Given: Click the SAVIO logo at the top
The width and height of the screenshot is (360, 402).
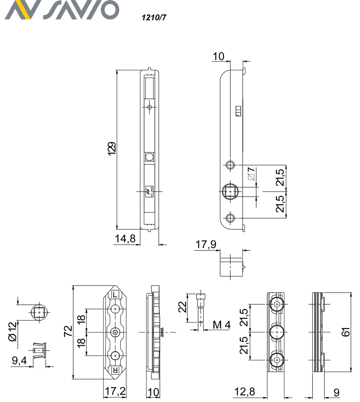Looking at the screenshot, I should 62,10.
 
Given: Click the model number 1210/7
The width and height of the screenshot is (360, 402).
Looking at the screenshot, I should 151,18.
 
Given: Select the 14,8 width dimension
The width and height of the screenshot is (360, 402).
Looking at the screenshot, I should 125,238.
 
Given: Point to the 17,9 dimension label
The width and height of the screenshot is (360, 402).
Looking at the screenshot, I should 206,244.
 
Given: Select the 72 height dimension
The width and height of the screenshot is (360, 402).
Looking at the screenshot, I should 68,331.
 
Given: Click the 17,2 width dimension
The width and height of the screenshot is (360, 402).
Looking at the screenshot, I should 115,392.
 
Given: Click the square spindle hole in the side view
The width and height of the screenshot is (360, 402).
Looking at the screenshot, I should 230,192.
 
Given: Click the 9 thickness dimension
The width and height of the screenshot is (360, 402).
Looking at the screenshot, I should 336,392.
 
